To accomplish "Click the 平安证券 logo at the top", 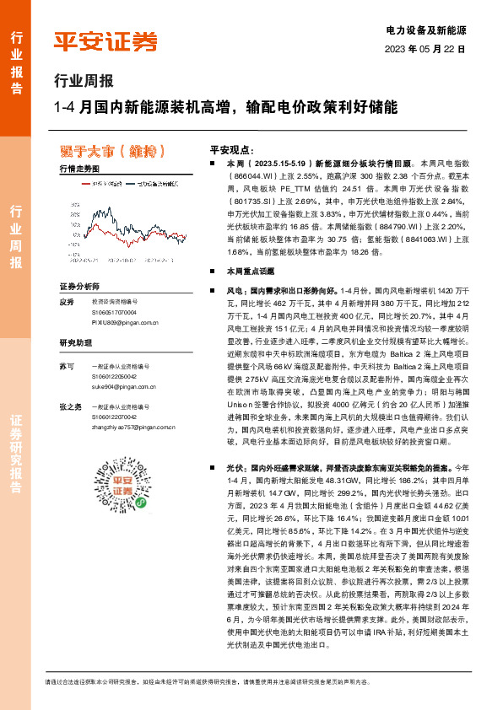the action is point(105,42).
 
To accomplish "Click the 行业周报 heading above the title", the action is point(83,82).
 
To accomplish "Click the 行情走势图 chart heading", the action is point(79,169).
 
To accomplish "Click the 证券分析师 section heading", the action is point(79,287).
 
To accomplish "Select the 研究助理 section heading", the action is point(74,342).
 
